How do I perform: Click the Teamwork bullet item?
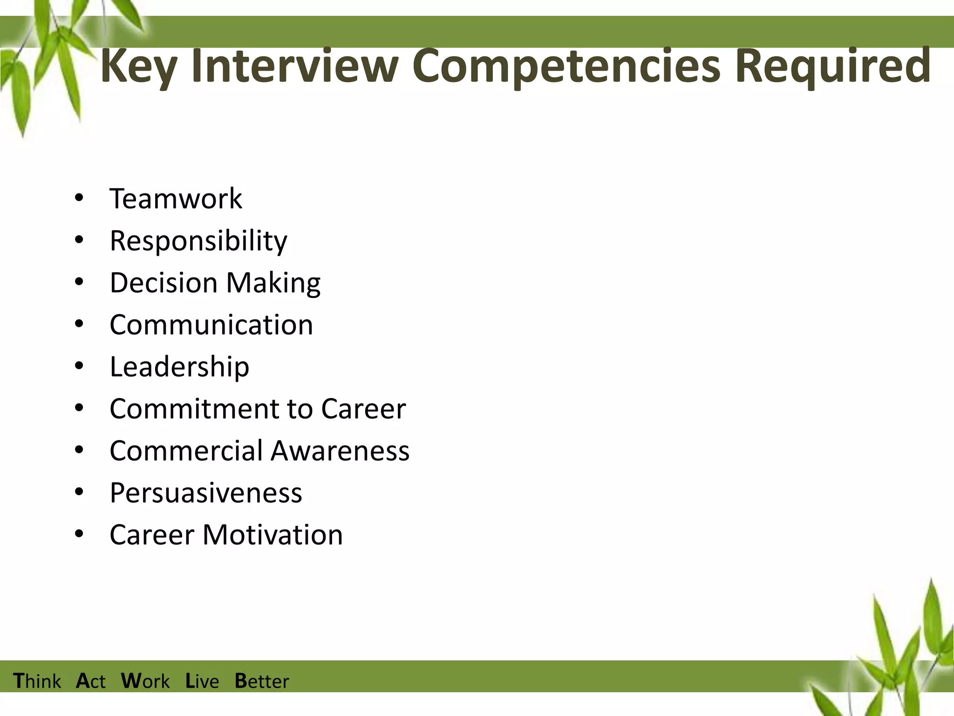click(176, 199)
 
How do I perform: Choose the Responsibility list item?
click(198, 241)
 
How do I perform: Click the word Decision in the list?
click(164, 283)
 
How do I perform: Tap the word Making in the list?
click(273, 283)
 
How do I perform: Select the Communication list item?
click(211, 325)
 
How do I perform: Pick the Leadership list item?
click(179, 367)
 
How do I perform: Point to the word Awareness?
click(340, 451)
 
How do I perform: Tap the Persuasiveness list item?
click(206, 493)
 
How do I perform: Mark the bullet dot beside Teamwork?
click(79, 198)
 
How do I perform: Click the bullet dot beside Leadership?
click(79, 366)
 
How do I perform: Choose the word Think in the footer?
click(37, 681)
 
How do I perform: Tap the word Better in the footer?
click(262, 681)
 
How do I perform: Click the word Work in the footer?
click(145, 681)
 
